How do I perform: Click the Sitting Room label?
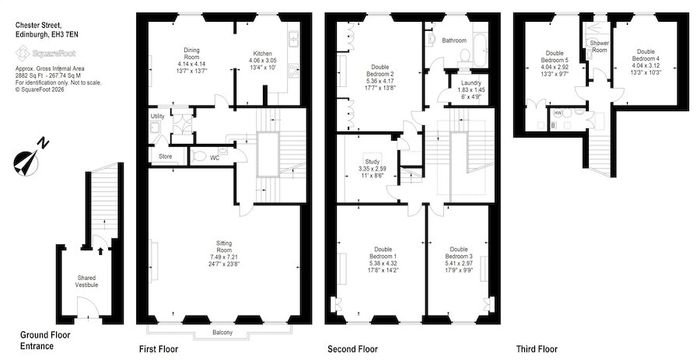pos(224,246)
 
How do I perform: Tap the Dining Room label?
pos(192,54)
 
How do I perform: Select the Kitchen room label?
pos(263,54)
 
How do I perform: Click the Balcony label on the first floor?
pos(222,333)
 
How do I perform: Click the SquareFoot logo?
pos(46,54)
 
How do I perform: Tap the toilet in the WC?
pos(198,156)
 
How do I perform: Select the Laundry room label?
pos(471,83)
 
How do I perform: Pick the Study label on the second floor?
pos(373,162)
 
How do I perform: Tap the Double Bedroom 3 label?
pos(459,253)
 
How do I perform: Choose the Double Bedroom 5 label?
pos(555,57)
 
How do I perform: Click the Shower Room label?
pos(600,47)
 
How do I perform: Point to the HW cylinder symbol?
pos(557,114)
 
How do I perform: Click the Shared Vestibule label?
pos(86,281)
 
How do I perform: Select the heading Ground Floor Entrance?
pos(46,341)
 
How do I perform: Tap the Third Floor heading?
pos(537,349)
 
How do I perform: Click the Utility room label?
pos(158,117)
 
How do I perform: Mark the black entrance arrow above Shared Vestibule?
pos(100,251)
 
